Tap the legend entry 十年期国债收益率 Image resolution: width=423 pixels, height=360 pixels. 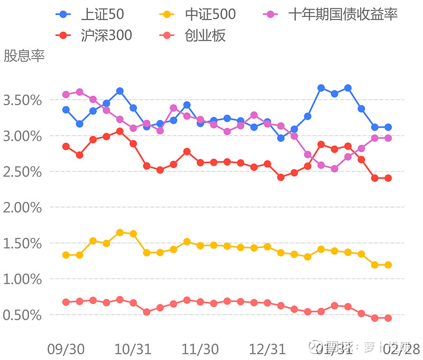point(331,15)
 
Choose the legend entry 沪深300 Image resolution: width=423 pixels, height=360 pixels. point(95,35)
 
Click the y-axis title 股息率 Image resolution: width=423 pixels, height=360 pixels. point(24,56)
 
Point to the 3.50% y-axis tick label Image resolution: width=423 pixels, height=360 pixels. point(22,100)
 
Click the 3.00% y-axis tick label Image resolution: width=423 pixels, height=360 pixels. point(22,136)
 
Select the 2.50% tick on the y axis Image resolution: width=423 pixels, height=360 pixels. point(22,172)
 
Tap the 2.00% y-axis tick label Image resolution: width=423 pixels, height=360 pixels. point(22,208)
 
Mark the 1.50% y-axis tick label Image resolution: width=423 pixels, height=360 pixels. point(22,244)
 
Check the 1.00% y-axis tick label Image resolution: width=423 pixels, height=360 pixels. point(22,279)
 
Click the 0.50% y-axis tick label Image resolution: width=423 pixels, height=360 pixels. point(22,315)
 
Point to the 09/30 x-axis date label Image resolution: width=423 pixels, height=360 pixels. point(66,349)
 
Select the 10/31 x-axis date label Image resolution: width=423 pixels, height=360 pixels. point(133,349)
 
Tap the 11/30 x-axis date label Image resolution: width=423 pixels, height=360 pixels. point(200,349)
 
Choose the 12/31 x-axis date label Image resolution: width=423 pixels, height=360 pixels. point(268,349)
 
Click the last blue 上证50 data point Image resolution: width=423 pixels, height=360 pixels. point(388,127)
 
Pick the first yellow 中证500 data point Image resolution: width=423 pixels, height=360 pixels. point(66,255)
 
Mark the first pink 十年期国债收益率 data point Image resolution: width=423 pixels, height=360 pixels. point(66,95)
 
